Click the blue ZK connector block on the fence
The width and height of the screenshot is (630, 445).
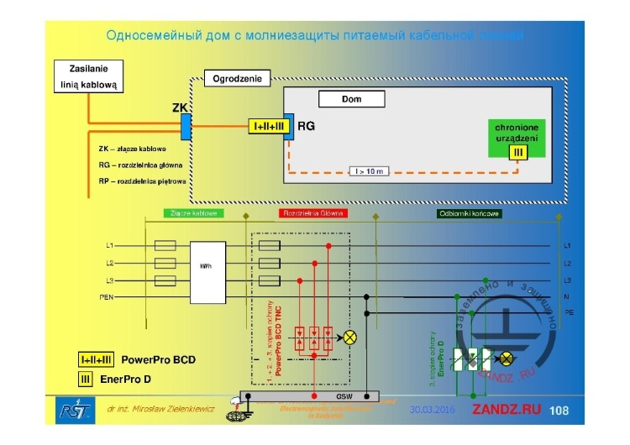click(186, 128)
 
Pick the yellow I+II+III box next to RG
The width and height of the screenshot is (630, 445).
click(270, 127)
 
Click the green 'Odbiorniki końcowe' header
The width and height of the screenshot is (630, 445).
click(468, 214)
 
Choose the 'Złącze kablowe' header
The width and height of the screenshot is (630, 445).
click(193, 214)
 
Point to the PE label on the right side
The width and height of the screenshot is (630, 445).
click(569, 313)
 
